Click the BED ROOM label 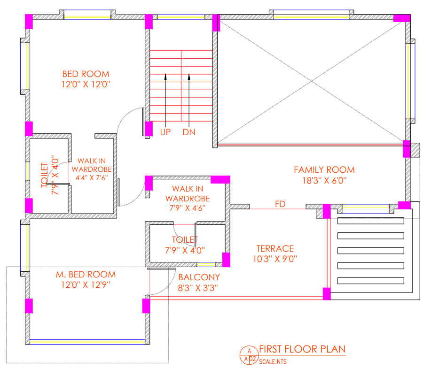(x=86, y=74)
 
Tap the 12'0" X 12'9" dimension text (x=86, y=284)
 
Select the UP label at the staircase (x=165, y=132)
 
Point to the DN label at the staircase (x=189, y=132)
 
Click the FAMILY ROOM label (x=324, y=170)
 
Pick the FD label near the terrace (x=280, y=204)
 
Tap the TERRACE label (x=275, y=249)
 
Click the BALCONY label (x=199, y=277)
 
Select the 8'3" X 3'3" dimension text (x=198, y=288)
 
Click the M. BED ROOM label (x=86, y=274)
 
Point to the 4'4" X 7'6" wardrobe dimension (x=92, y=177)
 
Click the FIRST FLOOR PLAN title (x=302, y=349)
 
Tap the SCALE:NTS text (x=273, y=361)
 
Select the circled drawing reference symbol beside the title (x=249, y=355)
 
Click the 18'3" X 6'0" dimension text (x=324, y=180)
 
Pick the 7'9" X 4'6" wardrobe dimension (x=187, y=208)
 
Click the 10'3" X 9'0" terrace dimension (x=275, y=259)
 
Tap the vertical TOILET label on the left (x=45, y=175)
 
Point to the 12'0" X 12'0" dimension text (x=86, y=84)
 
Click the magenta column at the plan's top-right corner (x=402, y=18)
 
